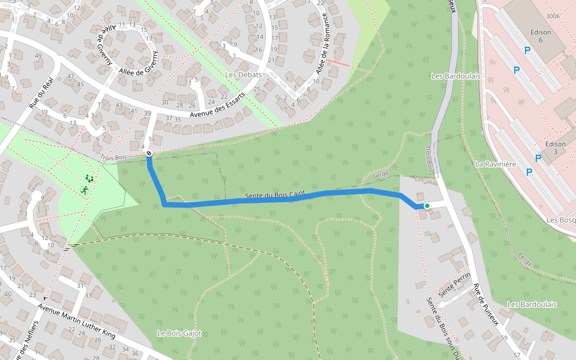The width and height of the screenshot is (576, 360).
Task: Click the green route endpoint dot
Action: [427, 206]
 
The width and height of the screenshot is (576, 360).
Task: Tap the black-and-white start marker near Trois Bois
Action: [149, 154]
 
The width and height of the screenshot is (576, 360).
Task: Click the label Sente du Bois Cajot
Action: [275, 195]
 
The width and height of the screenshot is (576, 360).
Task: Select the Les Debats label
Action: [243, 74]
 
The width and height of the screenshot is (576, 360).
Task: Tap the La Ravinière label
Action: [496, 163]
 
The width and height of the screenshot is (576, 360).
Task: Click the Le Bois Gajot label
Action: [179, 333]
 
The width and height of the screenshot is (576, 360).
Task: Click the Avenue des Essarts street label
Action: [217, 105]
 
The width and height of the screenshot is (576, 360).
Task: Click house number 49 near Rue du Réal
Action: [38, 56]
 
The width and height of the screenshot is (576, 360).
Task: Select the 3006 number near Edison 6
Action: [553, 16]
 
